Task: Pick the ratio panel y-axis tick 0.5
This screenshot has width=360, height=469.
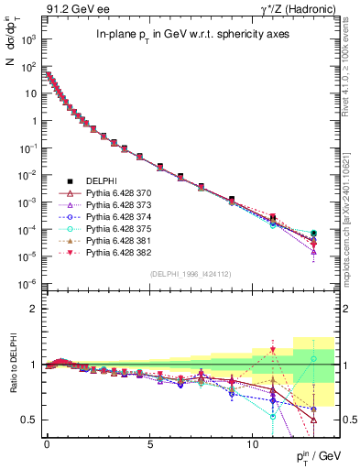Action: click(29, 420)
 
